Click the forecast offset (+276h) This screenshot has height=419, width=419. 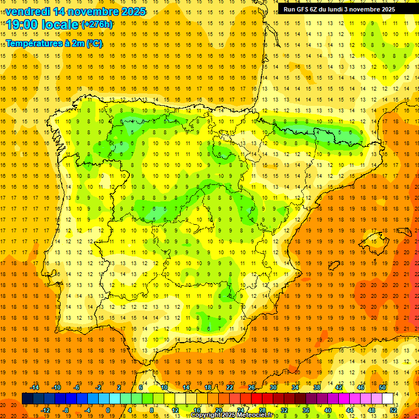pos(97,25)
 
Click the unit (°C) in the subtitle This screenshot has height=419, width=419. pos(94,44)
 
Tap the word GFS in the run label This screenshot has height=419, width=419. pos(301,9)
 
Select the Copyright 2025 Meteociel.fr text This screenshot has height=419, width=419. pos(232,415)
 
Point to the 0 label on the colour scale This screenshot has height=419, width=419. pos(107,410)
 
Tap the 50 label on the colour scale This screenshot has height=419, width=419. pos(382,387)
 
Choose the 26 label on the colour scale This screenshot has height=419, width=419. pos(252,387)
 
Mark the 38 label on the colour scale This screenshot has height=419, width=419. pos(317,387)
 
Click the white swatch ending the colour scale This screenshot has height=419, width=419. pos(388,398)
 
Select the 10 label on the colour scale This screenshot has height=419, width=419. pos(164,387)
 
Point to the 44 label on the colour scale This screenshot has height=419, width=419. pos(350,410)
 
